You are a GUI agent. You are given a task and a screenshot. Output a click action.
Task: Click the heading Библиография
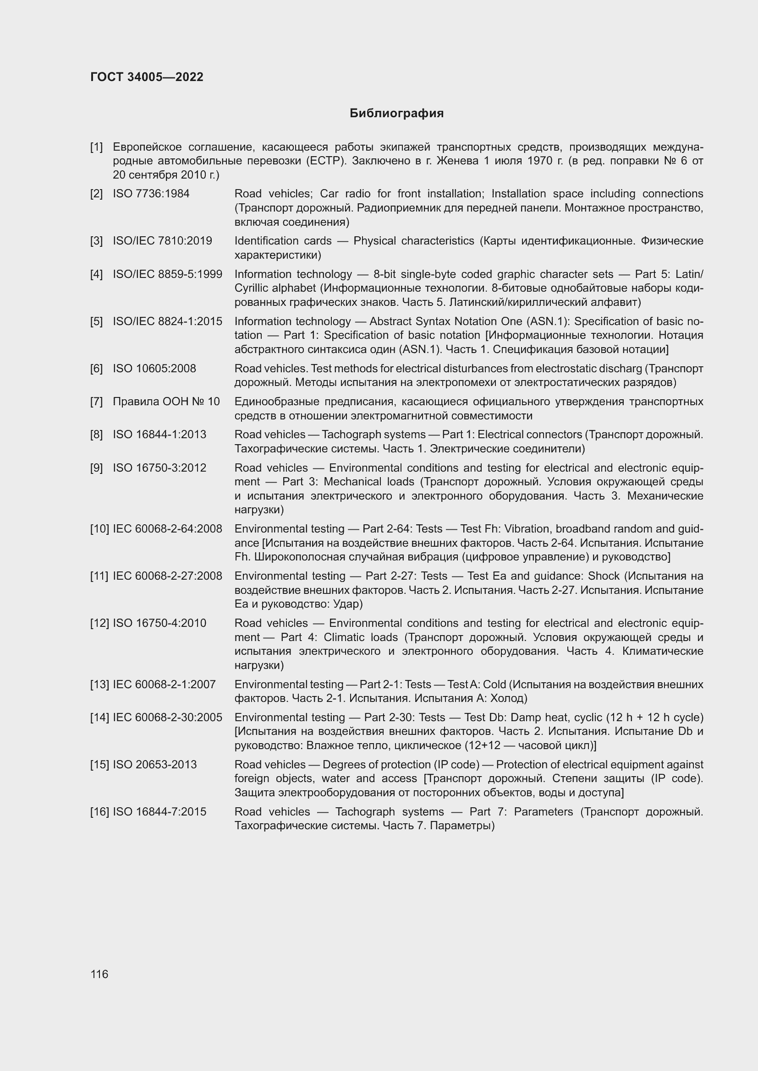(x=396, y=114)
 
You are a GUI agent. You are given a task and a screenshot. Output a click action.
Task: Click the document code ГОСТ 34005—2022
(x=147, y=77)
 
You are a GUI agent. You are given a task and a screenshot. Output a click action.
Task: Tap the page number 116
(x=99, y=974)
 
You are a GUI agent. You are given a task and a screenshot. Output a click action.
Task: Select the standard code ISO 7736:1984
(x=151, y=194)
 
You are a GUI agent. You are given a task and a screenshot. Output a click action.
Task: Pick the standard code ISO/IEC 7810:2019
(x=162, y=241)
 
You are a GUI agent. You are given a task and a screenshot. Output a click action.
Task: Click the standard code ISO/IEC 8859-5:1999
(x=168, y=274)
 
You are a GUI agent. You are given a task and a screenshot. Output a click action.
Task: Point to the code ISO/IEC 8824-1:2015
(x=168, y=321)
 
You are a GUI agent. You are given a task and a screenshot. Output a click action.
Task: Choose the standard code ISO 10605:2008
(x=154, y=369)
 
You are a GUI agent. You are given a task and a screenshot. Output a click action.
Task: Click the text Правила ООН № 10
(x=166, y=402)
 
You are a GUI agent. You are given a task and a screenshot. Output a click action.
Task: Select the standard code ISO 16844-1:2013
(x=159, y=434)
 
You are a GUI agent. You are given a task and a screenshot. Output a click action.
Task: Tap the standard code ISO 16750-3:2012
(x=159, y=468)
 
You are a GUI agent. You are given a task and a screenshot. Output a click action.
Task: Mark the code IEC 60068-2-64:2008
(x=168, y=529)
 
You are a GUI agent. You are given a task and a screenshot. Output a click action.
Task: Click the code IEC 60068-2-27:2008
(x=168, y=576)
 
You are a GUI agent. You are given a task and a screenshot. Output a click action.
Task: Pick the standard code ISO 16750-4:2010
(x=159, y=623)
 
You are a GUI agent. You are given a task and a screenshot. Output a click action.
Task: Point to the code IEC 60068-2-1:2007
(x=165, y=684)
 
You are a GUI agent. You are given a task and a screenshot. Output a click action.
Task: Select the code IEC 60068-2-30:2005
(x=168, y=718)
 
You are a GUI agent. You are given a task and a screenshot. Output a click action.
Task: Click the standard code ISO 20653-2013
(x=155, y=765)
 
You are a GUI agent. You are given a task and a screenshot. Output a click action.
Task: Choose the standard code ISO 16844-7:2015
(x=159, y=812)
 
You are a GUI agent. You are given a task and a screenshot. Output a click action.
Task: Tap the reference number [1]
(x=97, y=147)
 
